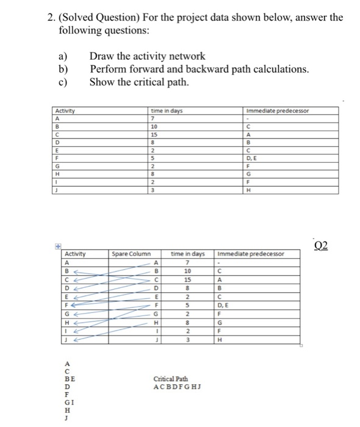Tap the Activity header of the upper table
[x=65, y=111]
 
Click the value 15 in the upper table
[x=154, y=134]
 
